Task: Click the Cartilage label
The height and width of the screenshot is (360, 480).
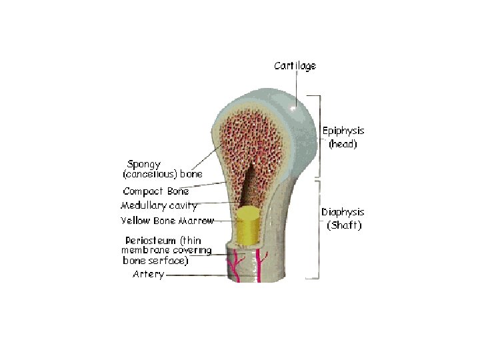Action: point(295,66)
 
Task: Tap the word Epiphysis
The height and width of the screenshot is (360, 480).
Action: point(343,131)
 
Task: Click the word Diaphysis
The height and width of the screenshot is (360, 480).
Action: point(343,212)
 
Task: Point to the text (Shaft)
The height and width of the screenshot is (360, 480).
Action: point(344,225)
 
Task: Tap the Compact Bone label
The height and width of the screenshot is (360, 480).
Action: point(155,191)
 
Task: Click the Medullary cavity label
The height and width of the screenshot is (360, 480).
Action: point(159,205)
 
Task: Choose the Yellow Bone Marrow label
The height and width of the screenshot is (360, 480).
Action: point(167,221)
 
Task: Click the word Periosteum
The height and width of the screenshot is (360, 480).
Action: point(150,240)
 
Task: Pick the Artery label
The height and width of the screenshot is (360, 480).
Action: point(147,274)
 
